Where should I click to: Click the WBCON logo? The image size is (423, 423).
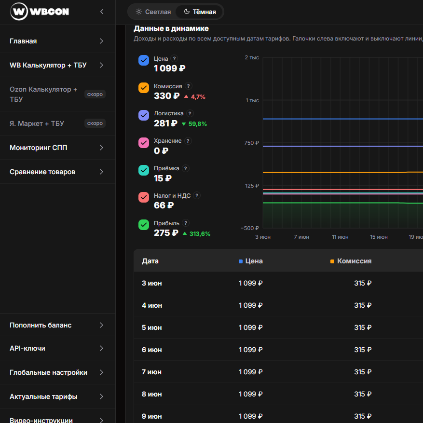(40, 12)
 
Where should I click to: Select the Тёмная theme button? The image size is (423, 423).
(200, 12)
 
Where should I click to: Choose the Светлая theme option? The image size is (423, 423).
(153, 12)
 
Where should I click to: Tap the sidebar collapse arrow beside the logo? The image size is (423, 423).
(102, 12)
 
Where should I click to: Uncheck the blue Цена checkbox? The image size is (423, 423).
(144, 60)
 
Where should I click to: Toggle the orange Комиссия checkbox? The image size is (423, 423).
(144, 88)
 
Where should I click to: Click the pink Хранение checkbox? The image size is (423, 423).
(144, 143)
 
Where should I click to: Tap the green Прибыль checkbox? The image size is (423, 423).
(144, 225)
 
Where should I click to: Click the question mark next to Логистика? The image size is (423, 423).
(190, 113)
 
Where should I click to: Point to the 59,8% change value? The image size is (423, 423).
(197, 124)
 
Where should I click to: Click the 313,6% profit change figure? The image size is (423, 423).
(200, 233)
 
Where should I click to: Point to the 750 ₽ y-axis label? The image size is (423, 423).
(251, 143)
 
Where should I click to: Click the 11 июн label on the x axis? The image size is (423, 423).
(340, 237)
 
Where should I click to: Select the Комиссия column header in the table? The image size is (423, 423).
(354, 261)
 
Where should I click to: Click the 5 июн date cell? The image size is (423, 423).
(152, 327)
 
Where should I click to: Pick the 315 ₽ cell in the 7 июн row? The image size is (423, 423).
(363, 372)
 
